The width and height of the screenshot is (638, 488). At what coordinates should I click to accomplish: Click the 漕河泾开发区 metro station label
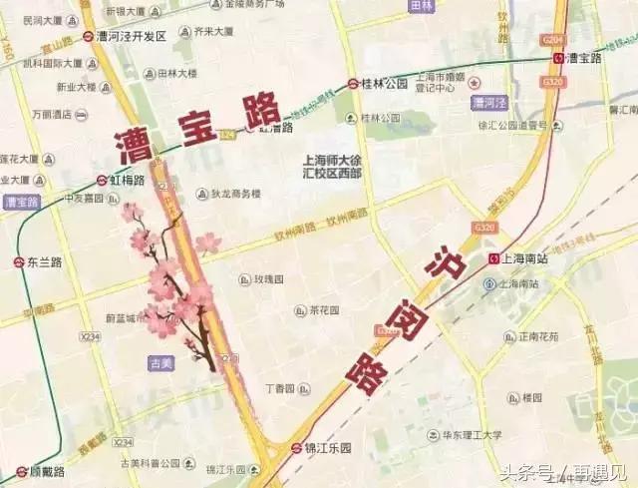[x=131, y=36]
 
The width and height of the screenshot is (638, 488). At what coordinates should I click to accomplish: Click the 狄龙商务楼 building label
[x=234, y=194]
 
